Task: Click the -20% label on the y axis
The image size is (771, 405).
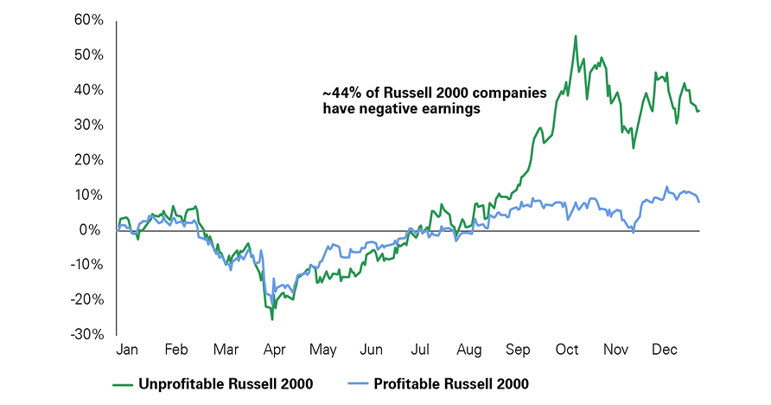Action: click(88, 299)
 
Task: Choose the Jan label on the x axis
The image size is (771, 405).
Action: click(127, 350)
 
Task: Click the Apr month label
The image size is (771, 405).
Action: click(274, 350)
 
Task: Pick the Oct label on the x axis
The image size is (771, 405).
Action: click(567, 350)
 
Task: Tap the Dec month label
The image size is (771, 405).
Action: click(665, 350)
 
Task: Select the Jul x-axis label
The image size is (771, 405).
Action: click(421, 350)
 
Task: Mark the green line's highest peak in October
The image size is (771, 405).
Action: click(576, 36)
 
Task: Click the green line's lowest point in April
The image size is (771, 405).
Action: click(272, 319)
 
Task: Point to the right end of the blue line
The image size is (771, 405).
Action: click(698, 202)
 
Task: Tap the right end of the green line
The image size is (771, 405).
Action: click(698, 111)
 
